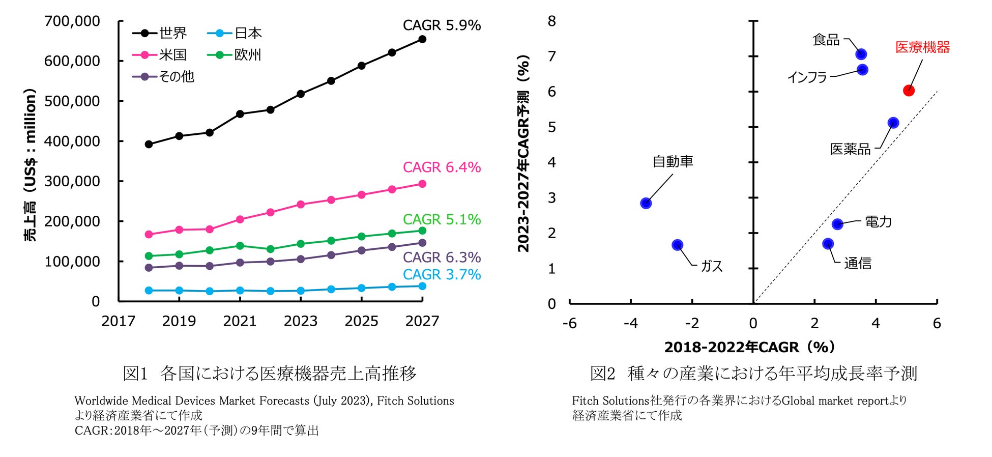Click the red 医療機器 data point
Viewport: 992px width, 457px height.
909,91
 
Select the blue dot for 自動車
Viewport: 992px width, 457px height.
646,203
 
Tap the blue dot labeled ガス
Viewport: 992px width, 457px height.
677,245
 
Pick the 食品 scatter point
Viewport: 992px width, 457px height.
861,54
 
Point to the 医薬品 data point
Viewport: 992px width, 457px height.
893,123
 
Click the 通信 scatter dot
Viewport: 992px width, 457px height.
828,244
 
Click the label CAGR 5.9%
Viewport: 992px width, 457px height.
441,25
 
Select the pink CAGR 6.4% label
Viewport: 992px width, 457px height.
441,167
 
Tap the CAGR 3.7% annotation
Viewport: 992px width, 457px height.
441,275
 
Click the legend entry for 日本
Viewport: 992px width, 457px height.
235,34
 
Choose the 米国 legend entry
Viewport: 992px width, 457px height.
159,55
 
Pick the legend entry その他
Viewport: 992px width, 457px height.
163,77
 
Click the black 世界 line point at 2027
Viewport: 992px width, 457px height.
422,39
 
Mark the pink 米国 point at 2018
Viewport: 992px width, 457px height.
149,235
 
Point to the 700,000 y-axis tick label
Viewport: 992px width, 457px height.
72,21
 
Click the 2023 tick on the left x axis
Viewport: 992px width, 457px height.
300,321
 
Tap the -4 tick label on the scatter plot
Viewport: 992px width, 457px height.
630,324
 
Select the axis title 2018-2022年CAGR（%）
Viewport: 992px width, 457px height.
749,347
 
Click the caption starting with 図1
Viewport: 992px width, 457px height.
270,374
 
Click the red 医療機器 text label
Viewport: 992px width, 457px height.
922,48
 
